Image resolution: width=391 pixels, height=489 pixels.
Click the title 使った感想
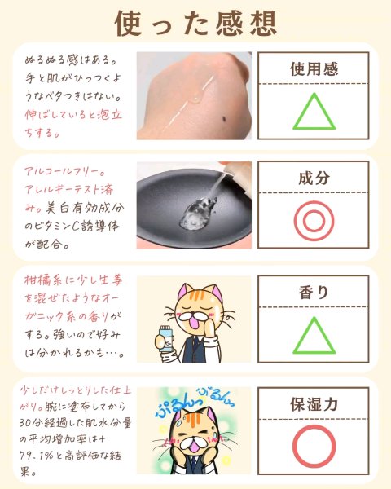tap(195, 24)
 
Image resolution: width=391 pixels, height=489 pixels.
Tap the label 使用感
tap(314, 69)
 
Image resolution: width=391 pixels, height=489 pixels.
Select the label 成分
tap(314, 178)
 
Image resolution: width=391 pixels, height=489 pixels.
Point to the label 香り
tap(314, 293)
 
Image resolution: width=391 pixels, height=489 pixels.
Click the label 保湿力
tap(314, 404)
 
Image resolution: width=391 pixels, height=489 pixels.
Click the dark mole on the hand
tap(224, 118)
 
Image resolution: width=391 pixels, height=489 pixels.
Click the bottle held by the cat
tap(165, 338)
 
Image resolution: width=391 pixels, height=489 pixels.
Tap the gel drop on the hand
tap(196, 97)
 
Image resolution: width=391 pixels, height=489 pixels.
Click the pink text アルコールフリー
tap(65, 171)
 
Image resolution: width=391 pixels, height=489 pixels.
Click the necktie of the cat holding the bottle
tap(194, 347)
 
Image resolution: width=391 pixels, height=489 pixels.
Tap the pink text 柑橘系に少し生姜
tap(73, 280)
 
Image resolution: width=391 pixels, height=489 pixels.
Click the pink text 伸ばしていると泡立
tap(73, 115)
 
